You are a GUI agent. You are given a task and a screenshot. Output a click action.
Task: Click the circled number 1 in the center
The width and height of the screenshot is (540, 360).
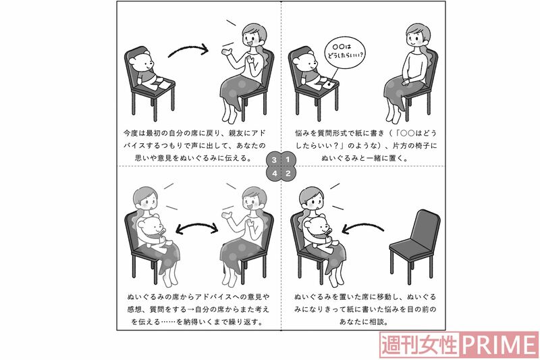[288, 159]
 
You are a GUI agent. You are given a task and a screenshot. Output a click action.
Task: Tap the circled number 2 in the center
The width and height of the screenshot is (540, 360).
[288, 174]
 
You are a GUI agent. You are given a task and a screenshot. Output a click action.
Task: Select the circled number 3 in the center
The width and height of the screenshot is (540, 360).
[274, 159]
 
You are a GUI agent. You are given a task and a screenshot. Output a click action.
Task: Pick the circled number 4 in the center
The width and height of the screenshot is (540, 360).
[274, 174]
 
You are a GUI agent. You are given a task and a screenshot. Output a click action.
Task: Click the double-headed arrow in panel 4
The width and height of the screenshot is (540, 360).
[197, 228]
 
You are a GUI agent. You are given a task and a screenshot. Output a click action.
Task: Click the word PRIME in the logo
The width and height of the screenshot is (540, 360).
[499, 345]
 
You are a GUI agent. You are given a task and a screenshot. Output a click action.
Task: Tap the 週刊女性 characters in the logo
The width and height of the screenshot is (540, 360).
[420, 345]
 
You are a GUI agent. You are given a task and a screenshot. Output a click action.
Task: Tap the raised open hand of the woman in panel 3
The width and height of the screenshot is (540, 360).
[227, 53]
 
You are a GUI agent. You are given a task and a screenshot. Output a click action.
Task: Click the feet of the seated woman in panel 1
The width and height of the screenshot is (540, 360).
[394, 115]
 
